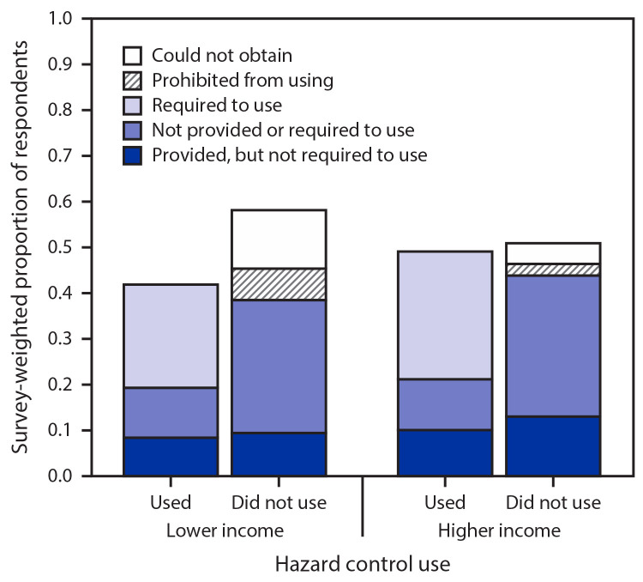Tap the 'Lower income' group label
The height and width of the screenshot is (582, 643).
point(225,530)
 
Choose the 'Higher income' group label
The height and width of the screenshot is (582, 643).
point(499,530)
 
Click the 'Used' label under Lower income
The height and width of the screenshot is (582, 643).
point(171,502)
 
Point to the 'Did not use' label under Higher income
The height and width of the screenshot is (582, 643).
point(552,502)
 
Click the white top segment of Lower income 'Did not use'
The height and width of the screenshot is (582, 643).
point(279,239)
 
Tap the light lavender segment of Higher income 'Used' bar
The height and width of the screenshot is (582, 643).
point(444,314)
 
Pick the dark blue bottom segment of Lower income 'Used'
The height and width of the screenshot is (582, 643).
point(171,456)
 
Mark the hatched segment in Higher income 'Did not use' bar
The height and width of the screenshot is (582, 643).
point(552,270)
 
